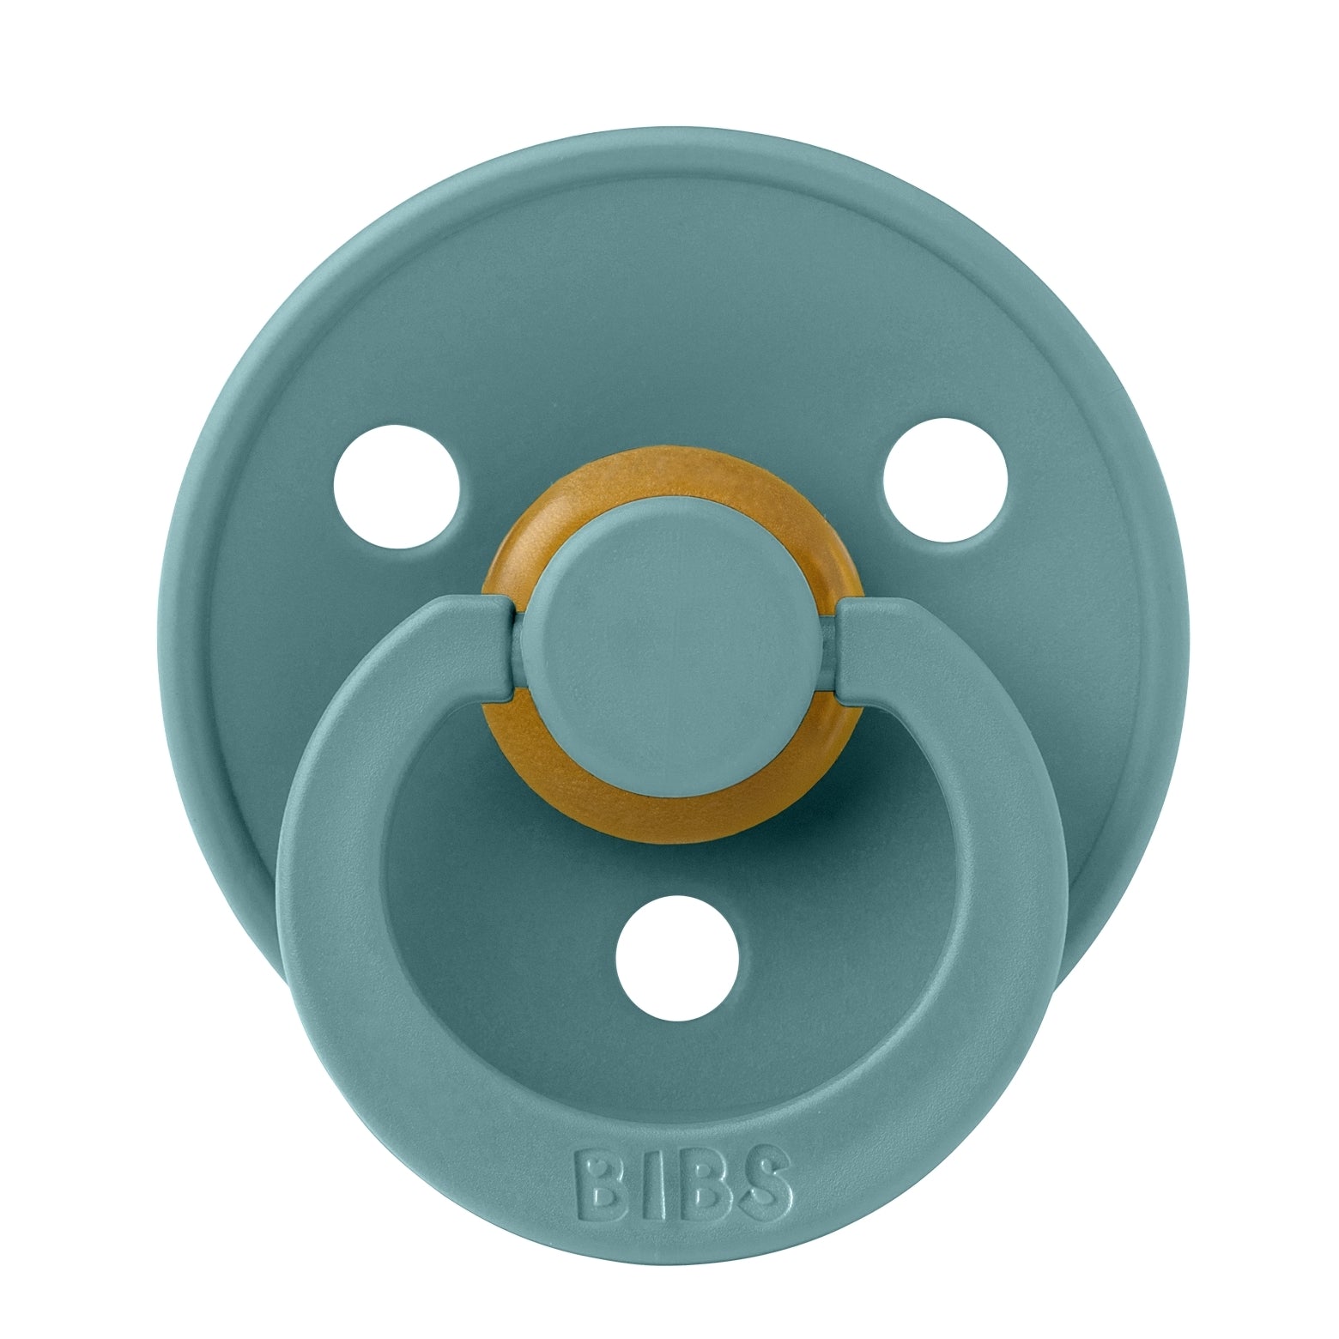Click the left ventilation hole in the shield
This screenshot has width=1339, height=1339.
pos(397,484)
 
